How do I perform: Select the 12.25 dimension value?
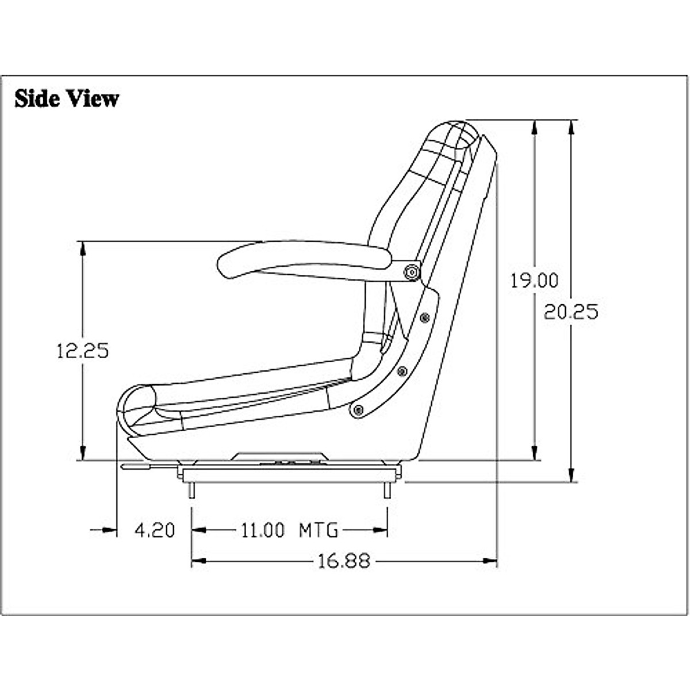(x=82, y=350)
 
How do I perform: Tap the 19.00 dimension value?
(x=535, y=281)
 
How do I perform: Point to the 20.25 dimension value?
(x=571, y=312)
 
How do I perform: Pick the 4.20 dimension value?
(x=155, y=530)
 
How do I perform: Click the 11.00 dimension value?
(x=262, y=530)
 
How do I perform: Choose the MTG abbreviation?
(x=319, y=530)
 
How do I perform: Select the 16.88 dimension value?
(x=344, y=561)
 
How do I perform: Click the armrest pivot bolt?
(x=411, y=272)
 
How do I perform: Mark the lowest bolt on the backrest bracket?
(x=359, y=409)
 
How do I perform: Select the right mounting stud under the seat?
(x=387, y=489)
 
